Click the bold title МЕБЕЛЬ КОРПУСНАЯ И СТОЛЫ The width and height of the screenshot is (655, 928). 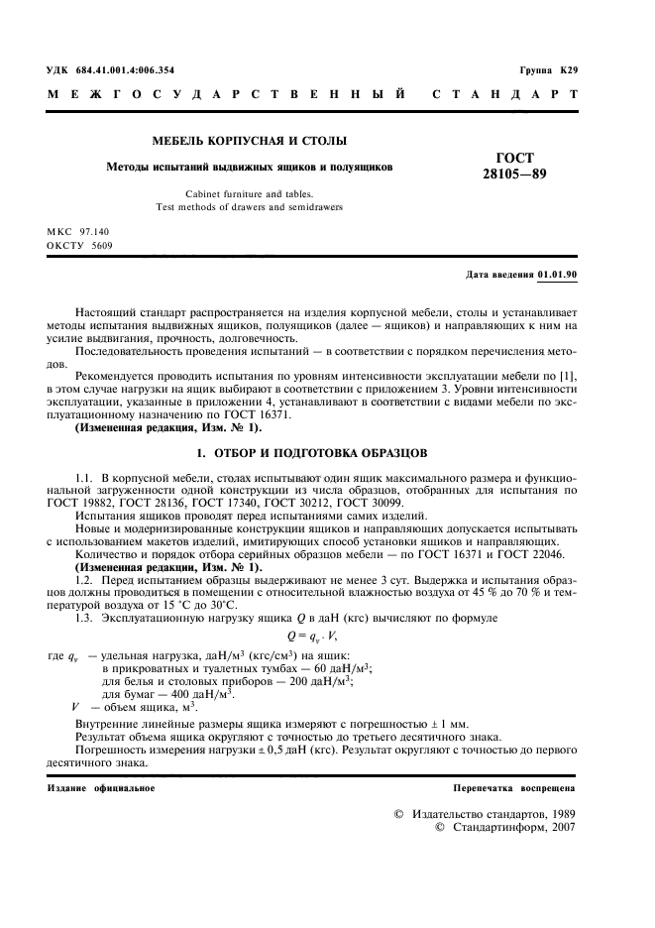248,142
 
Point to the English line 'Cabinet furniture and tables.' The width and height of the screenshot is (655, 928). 249,194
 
